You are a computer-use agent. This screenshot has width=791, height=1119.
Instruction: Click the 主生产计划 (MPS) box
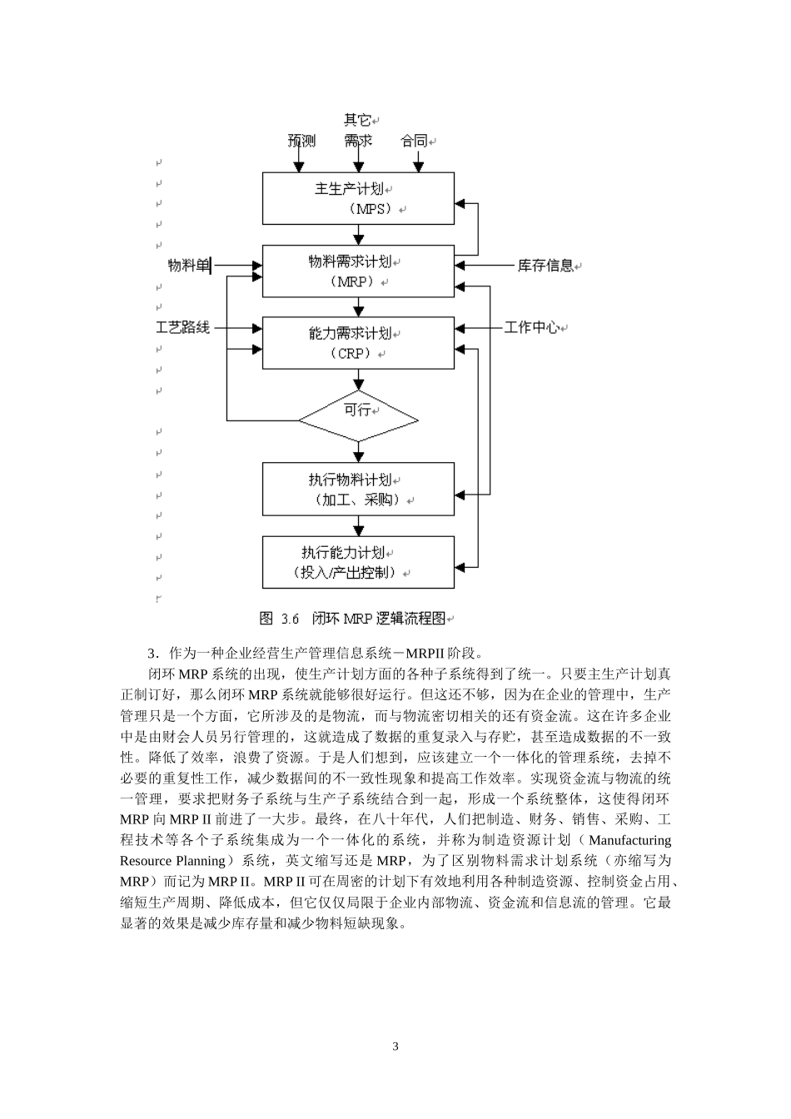(358, 198)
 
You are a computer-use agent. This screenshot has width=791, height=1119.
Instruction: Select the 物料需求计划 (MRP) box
(358, 271)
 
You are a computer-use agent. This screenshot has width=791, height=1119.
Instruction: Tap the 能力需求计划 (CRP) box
(358, 342)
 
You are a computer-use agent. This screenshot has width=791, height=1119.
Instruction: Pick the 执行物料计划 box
(358, 490)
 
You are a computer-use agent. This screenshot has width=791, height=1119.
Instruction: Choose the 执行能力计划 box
(358, 562)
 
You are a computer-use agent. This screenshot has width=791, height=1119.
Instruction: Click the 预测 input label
(301, 141)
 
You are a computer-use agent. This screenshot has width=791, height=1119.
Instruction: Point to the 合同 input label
(414, 141)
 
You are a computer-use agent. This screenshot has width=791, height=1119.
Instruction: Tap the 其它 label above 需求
(357, 120)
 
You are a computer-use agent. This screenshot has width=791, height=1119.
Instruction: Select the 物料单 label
(188, 266)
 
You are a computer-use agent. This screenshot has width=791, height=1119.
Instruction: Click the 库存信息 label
(545, 266)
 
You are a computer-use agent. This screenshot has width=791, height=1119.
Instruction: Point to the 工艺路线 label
(183, 328)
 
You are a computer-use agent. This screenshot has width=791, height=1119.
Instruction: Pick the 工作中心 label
(531, 328)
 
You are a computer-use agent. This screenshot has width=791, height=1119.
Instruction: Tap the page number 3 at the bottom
(395, 1047)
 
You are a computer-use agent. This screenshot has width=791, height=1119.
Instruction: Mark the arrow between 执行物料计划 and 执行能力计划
(359, 525)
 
